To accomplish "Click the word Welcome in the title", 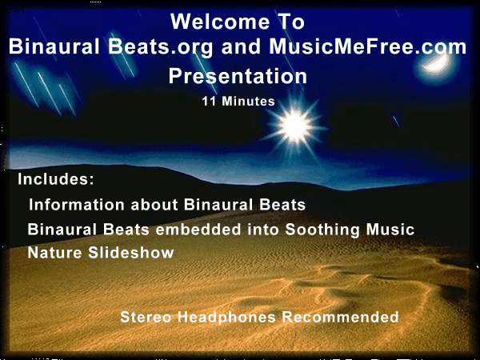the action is click(220, 22).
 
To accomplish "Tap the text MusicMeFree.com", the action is click(368, 46).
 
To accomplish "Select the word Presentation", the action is click(238, 76).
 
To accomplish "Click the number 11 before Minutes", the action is click(209, 102).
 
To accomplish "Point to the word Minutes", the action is click(248, 102).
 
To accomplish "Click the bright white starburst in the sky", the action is click(295, 126).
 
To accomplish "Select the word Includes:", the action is click(56, 179).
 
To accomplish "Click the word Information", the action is click(77, 205).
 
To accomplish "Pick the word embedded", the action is click(198, 230).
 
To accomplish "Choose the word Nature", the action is click(54, 253).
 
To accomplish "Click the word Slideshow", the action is click(131, 253).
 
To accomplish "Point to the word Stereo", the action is click(146, 317).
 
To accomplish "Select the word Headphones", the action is click(227, 318).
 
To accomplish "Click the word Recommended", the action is click(341, 317).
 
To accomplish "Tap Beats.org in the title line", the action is click(161, 47).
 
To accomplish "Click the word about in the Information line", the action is click(154, 205).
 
